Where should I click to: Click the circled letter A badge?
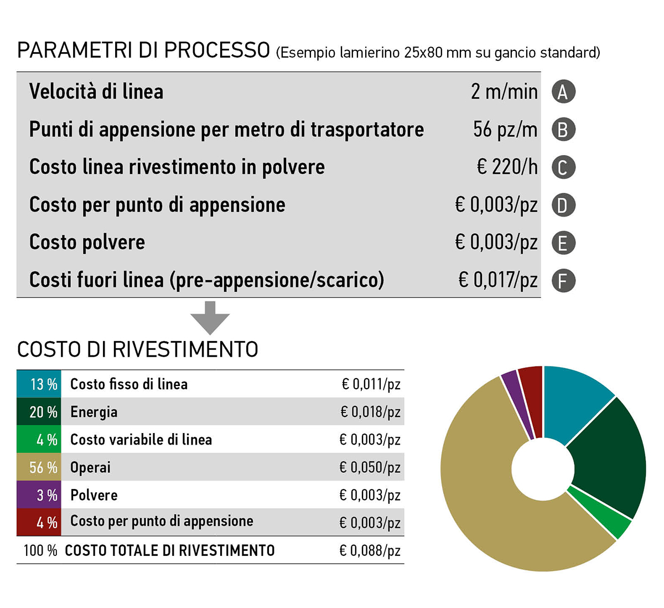click(563, 92)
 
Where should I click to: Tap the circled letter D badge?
click(563, 205)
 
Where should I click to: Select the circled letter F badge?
click(563, 281)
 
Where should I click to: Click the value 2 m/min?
click(504, 92)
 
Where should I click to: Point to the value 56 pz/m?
click(505, 130)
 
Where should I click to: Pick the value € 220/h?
click(507, 167)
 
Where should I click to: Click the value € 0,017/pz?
click(497, 280)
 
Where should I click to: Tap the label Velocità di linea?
click(96, 92)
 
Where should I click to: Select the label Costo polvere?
click(87, 243)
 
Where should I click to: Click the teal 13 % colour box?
click(39, 384)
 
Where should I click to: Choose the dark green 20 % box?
click(39, 412)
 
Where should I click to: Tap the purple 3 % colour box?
click(39, 495)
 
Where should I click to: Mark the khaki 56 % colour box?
click(39, 467)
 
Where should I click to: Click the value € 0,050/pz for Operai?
click(370, 467)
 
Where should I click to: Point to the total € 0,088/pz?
click(370, 551)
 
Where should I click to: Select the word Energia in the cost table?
click(94, 412)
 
